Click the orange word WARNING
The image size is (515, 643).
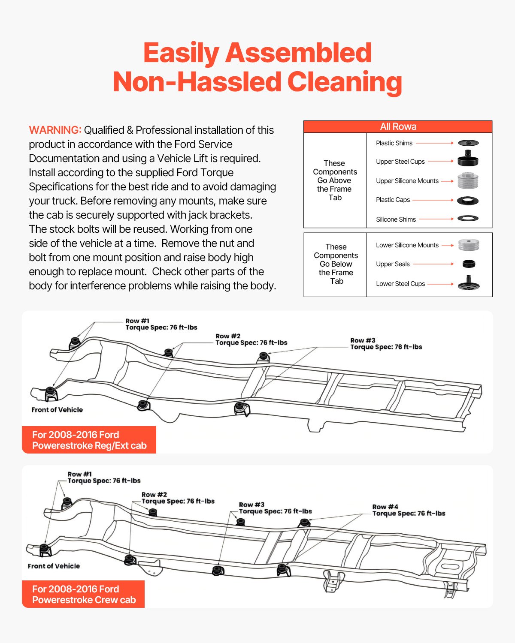tap(55, 130)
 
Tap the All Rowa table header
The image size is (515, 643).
tap(398, 126)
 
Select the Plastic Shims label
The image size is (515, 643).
tap(394, 143)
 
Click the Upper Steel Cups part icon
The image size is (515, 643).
tap(468, 159)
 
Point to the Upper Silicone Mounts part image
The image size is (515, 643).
tap(468, 180)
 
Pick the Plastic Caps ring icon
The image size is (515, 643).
tap(468, 200)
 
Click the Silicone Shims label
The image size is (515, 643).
tap(396, 219)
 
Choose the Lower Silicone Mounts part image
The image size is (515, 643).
tap(468, 245)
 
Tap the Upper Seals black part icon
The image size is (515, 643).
tap(469, 264)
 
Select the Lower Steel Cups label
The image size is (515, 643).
tap(400, 284)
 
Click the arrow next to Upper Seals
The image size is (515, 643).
tap(433, 264)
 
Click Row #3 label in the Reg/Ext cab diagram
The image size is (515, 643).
tap(363, 340)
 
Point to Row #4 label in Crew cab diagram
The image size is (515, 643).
tap(385, 507)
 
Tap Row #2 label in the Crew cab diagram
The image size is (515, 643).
tap(154, 495)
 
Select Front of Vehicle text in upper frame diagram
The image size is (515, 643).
tap(57, 410)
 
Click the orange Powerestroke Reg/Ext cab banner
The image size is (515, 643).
tap(89, 440)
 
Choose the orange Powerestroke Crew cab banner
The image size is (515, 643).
tap(84, 594)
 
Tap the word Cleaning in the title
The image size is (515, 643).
tap(345, 81)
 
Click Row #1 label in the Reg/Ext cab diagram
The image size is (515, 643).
tap(137, 321)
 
